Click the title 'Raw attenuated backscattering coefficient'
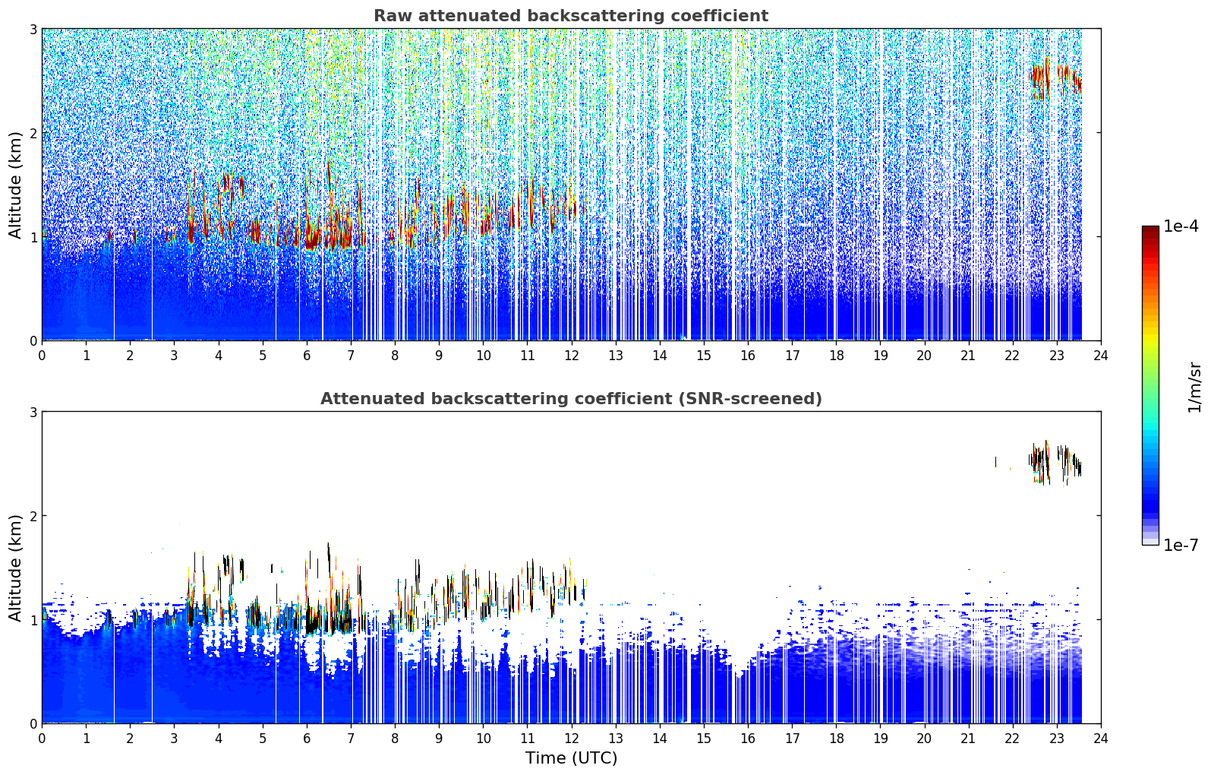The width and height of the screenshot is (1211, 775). [571, 16]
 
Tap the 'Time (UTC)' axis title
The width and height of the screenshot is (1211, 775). [571, 758]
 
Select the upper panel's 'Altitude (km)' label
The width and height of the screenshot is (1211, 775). [15, 185]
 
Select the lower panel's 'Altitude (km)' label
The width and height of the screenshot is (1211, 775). [15, 568]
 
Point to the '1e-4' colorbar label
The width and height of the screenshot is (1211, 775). [1181, 226]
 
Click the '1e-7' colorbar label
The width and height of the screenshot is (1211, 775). [1181, 545]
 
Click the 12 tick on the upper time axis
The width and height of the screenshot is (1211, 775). [572, 356]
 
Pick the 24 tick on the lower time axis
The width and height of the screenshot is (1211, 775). [1101, 739]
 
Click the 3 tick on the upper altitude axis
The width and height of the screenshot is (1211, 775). [33, 29]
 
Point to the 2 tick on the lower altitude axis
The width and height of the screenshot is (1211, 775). [33, 516]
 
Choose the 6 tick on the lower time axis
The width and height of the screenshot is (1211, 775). [307, 739]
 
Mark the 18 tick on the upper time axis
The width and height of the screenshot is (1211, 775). [837, 356]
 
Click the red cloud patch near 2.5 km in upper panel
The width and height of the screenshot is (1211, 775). [1055, 79]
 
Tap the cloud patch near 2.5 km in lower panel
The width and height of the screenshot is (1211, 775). [1055, 462]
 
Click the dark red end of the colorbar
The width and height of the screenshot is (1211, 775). [1150, 229]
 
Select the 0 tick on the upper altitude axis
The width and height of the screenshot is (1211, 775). [33, 341]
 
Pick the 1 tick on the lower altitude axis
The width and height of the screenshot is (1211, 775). [33, 620]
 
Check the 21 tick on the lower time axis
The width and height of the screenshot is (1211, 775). [968, 739]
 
